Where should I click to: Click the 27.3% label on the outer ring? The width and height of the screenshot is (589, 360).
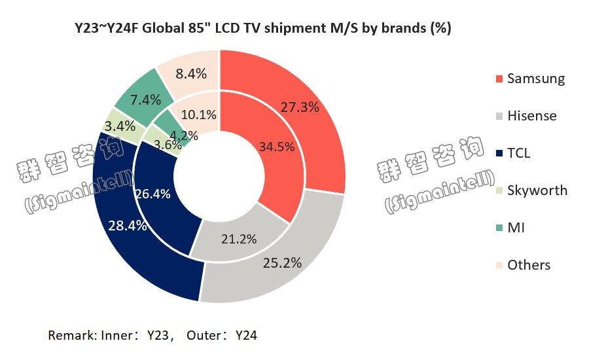pyautogui.click(x=300, y=107)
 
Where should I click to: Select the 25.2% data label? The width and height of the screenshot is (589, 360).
pyautogui.click(x=282, y=263)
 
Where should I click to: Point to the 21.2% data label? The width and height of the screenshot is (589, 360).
pyautogui.click(x=239, y=239)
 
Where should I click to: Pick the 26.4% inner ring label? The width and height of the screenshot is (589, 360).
pyautogui.click(x=152, y=194)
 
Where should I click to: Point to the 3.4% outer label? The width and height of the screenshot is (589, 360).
pyautogui.click(x=120, y=126)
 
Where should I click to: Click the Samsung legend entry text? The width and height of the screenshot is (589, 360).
pyautogui.click(x=536, y=79)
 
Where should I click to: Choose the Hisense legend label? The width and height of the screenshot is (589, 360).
pyautogui.click(x=532, y=116)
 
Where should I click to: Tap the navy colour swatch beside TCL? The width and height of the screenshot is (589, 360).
pyautogui.click(x=499, y=154)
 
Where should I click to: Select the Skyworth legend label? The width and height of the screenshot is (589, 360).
pyautogui.click(x=537, y=190)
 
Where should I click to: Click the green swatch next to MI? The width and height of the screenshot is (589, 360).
pyautogui.click(x=499, y=228)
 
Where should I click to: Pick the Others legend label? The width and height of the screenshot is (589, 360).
pyautogui.click(x=529, y=265)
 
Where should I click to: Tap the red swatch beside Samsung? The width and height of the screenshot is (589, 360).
pyautogui.click(x=499, y=79)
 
